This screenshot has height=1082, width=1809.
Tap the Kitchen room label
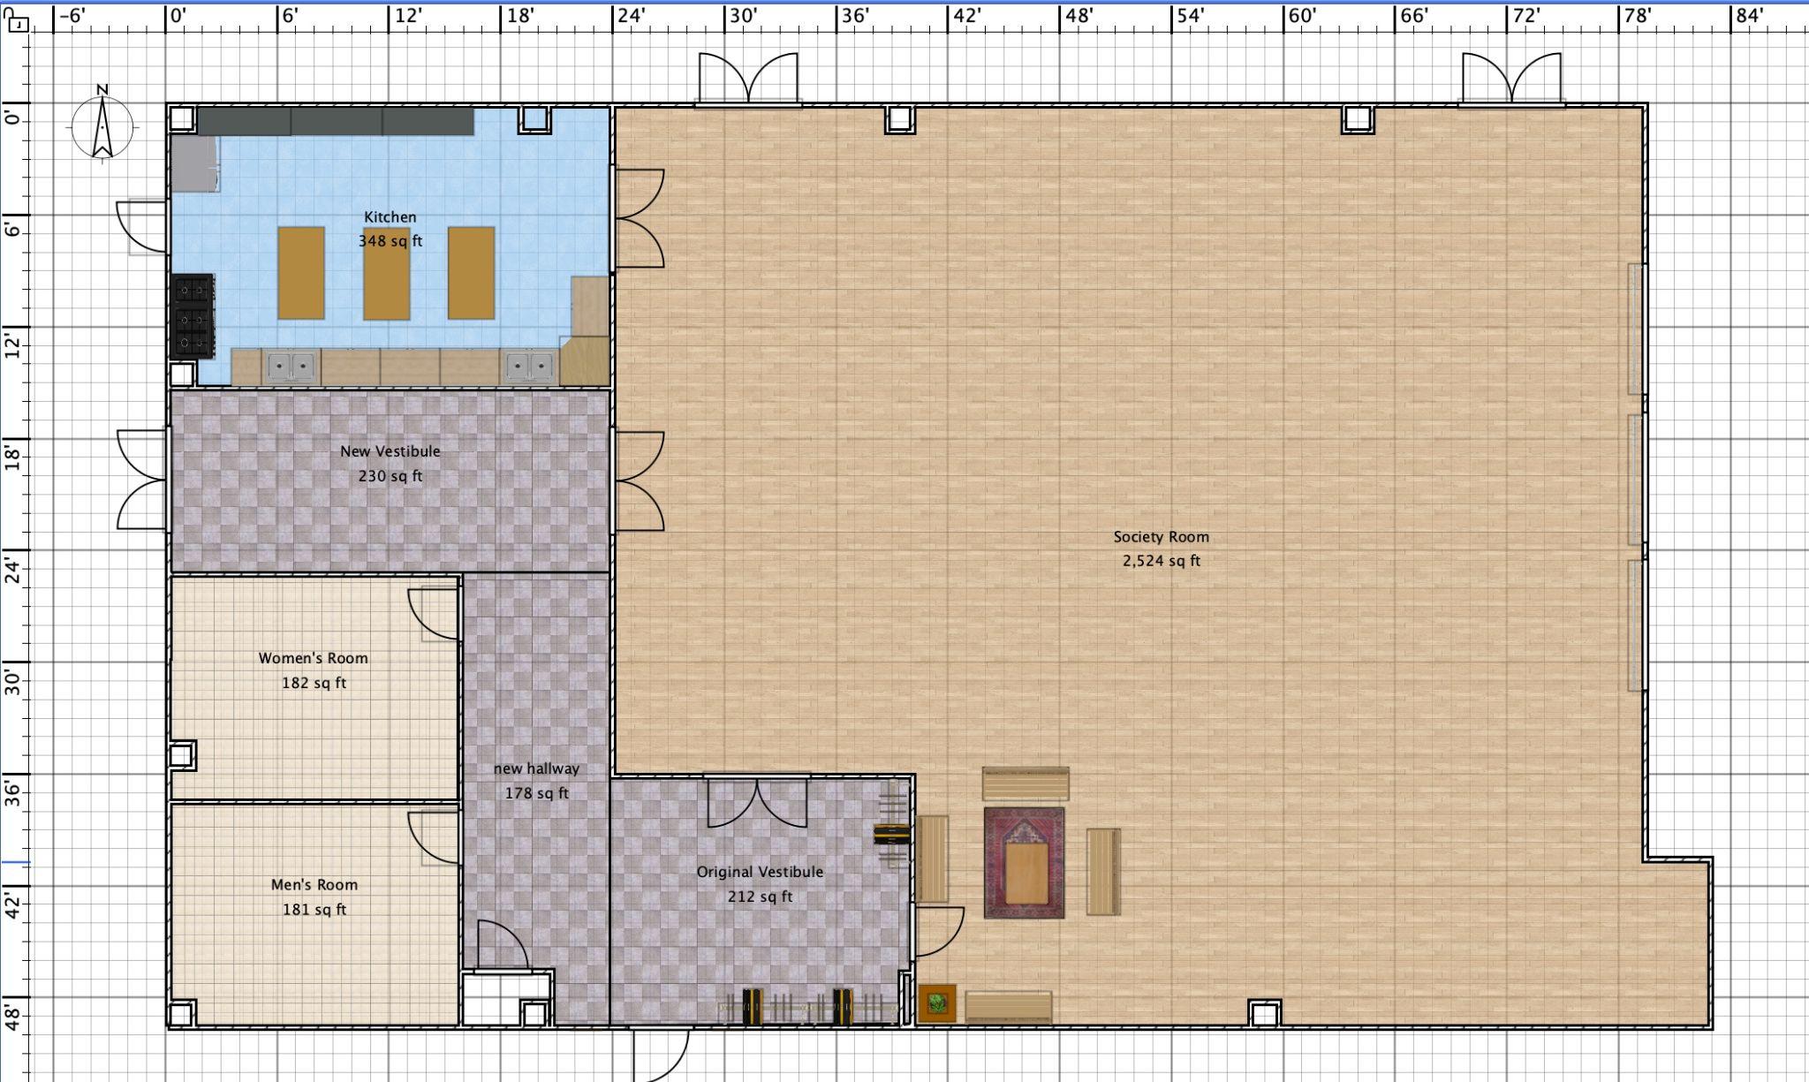(x=390, y=217)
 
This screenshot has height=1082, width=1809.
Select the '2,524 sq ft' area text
(x=1162, y=561)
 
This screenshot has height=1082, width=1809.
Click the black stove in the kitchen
(x=193, y=316)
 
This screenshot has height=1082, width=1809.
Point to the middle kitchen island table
(x=386, y=273)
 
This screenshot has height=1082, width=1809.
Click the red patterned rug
(x=1025, y=863)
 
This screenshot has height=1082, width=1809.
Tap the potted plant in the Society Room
(x=937, y=1003)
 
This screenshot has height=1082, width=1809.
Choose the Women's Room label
(x=314, y=658)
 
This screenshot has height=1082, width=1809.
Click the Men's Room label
(x=314, y=884)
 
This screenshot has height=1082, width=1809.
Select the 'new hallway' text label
(x=536, y=768)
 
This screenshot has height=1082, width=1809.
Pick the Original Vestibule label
(x=760, y=872)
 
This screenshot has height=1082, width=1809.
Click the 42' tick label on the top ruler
(x=967, y=16)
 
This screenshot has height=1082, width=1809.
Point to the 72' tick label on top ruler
(x=1526, y=16)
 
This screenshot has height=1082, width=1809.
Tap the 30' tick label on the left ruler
(x=13, y=683)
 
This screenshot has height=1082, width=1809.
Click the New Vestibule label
(x=390, y=451)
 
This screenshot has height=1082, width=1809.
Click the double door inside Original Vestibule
(x=757, y=802)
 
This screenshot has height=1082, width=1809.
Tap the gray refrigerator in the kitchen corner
(x=194, y=163)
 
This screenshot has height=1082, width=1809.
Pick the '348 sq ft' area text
(x=390, y=241)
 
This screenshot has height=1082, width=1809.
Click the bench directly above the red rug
(x=1026, y=783)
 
